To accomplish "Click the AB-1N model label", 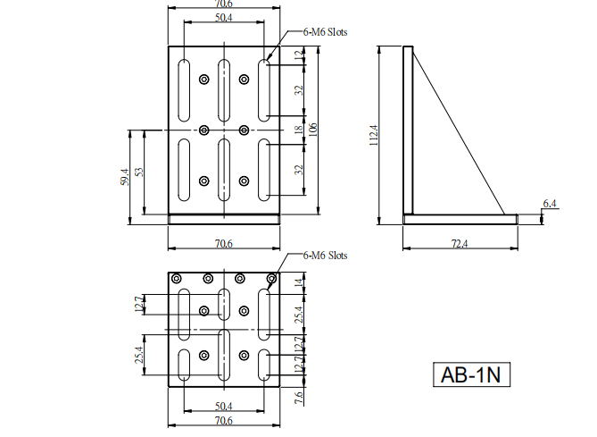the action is pos(471,374).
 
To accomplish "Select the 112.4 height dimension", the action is pos(374,135).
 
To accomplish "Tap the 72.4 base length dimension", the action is pos(460,243).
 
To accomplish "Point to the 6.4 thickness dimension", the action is pos(550,204).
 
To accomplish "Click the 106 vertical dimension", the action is pos(312,130).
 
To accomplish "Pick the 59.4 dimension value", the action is pos(125,177).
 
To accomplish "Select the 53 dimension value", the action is pos(139,172).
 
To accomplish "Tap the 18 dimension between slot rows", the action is pos(299,130).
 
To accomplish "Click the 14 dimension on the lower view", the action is pos(299,282).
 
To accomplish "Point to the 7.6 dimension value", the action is pos(299,398).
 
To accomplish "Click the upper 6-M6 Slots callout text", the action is pos(325,32).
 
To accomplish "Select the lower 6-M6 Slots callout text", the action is pos(325,255).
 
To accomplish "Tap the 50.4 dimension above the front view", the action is pos(223,18).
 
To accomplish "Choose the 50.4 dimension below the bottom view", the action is pos(223,406).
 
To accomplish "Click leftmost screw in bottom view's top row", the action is pos(177,279).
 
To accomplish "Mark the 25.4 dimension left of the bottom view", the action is pos(139,355).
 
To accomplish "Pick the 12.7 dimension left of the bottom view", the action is pos(139,304).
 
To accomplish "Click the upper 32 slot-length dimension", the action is pos(299,90).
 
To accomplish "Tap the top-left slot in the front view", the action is pos(184,90).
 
